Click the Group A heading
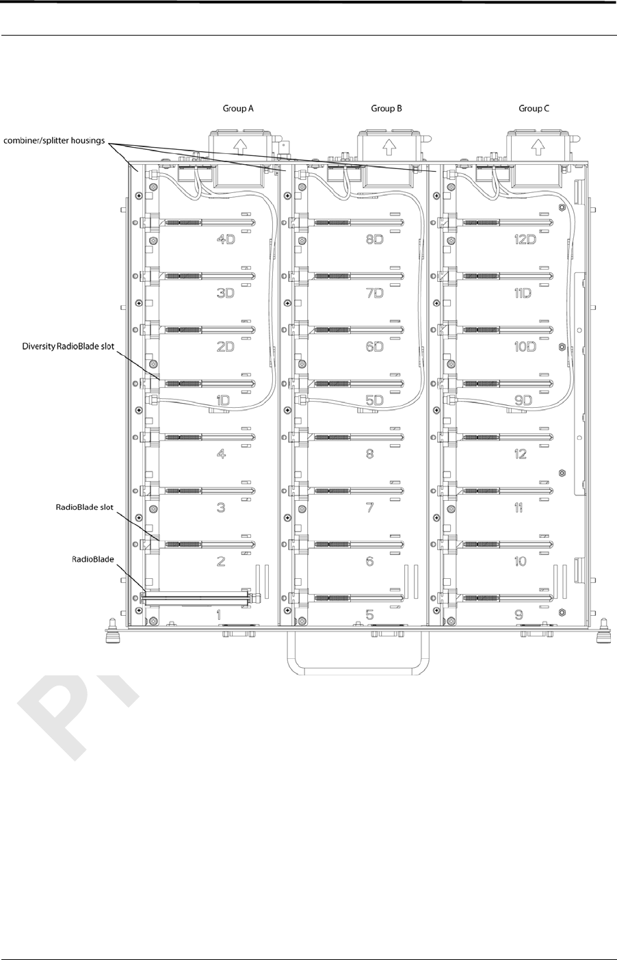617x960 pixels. pyautogui.click(x=238, y=108)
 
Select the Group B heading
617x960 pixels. pyautogui.click(x=386, y=108)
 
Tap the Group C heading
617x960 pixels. pyautogui.click(x=534, y=108)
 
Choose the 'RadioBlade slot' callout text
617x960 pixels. pyautogui.click(x=83, y=508)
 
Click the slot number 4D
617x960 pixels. pyautogui.click(x=225, y=239)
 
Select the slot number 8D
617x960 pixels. pyautogui.click(x=374, y=239)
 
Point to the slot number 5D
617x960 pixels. pyautogui.click(x=373, y=400)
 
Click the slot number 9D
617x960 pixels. pyautogui.click(x=523, y=400)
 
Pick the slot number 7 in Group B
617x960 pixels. pyautogui.click(x=369, y=508)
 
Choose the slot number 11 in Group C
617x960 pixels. pyautogui.click(x=521, y=508)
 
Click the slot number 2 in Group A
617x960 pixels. pyautogui.click(x=220, y=561)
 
